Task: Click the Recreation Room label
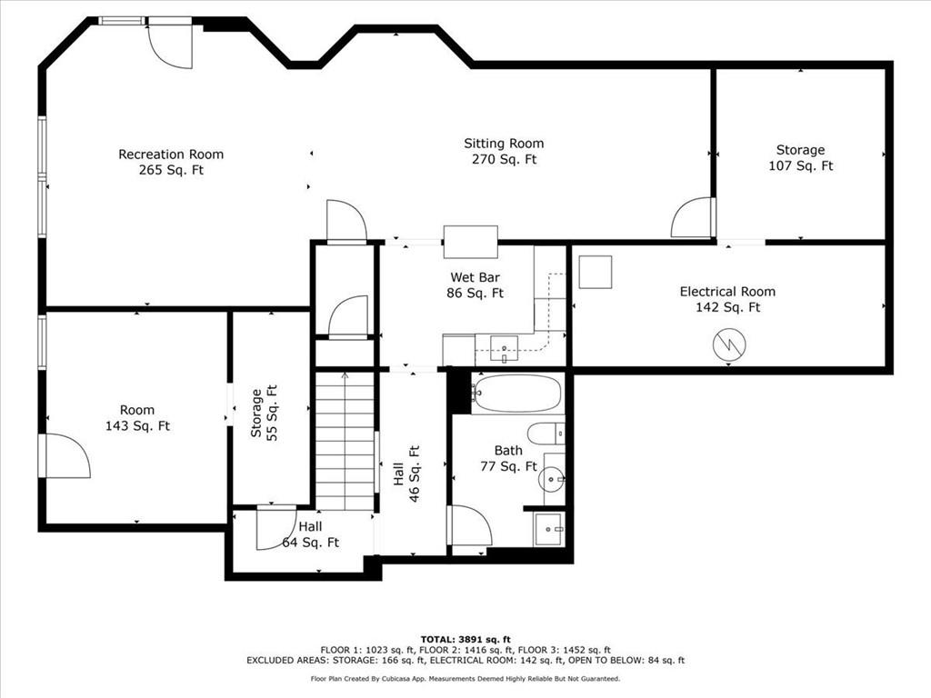coord(171,155)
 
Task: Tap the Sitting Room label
coord(504,143)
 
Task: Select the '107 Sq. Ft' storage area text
coord(800,166)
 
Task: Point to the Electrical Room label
coord(727,292)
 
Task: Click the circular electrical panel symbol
coord(729,344)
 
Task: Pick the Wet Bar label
coord(475,277)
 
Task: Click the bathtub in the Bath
coord(516,394)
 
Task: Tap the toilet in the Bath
coord(546,434)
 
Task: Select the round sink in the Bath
coord(552,478)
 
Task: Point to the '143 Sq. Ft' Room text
coord(137,426)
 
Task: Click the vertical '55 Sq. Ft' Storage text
coord(272,414)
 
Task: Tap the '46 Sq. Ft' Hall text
coord(414,474)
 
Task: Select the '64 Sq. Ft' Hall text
coord(311,543)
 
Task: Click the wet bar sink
coord(504,348)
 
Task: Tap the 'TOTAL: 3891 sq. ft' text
coord(465,639)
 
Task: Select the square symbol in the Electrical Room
coord(595,272)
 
